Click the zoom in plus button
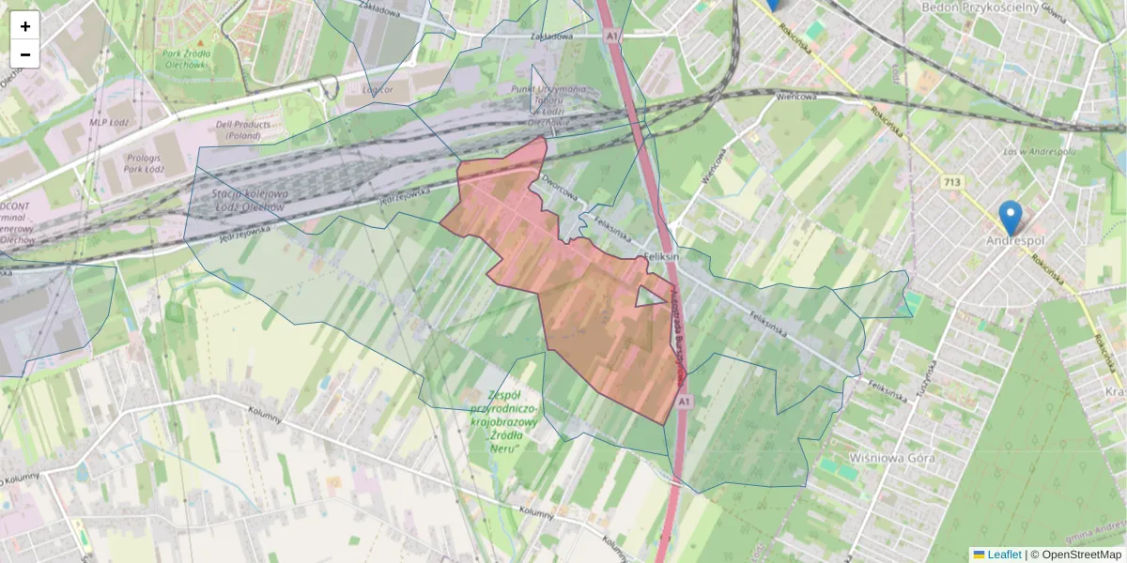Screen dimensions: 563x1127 click(25, 26)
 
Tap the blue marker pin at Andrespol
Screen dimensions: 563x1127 click(1011, 217)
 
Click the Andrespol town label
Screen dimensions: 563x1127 click(1015, 241)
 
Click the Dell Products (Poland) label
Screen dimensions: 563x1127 click(243, 129)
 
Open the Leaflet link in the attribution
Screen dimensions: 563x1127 click(1004, 555)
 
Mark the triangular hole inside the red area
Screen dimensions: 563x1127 click(647, 297)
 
